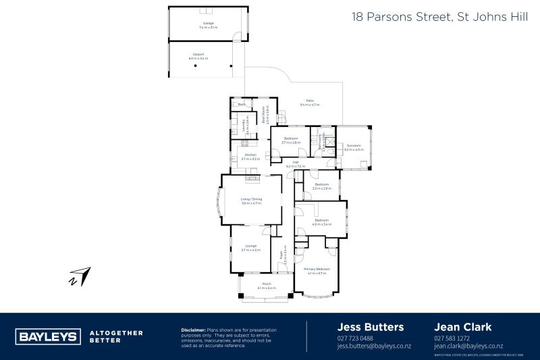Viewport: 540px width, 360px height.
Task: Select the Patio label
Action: point(310,103)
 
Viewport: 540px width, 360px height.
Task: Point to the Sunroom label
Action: point(354,147)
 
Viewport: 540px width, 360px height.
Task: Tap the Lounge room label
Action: point(250,247)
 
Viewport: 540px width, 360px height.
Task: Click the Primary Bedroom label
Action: point(317,271)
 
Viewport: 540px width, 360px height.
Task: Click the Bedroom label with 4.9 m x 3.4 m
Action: point(321,222)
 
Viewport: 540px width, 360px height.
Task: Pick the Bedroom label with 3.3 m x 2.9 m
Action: point(321,186)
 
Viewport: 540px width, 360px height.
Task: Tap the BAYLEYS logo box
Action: point(47,336)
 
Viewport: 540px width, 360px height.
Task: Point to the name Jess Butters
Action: point(370,327)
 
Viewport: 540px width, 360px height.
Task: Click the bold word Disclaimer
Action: point(194,330)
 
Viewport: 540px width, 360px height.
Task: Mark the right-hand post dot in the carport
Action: point(231,66)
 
